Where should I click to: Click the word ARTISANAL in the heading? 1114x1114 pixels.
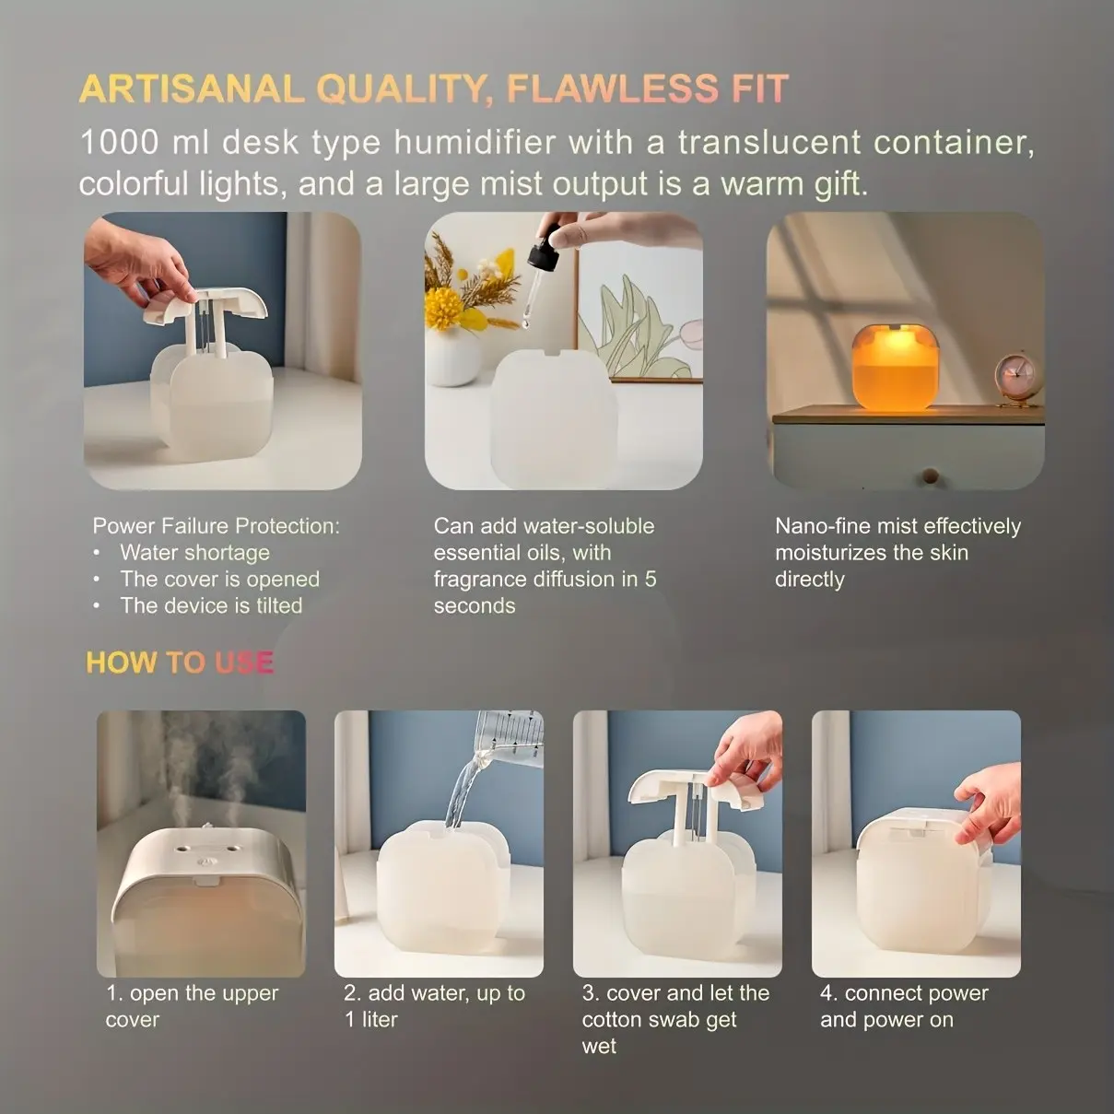pyautogui.click(x=192, y=88)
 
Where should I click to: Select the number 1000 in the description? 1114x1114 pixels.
pyautogui.click(x=119, y=142)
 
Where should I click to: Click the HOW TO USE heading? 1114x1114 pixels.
pyautogui.click(x=180, y=662)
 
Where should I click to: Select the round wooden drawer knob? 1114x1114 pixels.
pyautogui.click(x=930, y=475)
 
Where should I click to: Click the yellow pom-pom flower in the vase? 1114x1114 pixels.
pyautogui.click(x=442, y=307)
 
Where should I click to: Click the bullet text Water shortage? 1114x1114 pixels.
pyautogui.click(x=194, y=553)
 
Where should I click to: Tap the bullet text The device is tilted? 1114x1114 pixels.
pyautogui.click(x=211, y=605)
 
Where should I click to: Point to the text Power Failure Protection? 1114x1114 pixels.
pyautogui.click(x=217, y=526)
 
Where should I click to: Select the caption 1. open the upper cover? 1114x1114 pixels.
pyautogui.click(x=192, y=1006)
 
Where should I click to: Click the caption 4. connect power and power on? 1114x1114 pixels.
pyautogui.click(x=904, y=1006)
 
